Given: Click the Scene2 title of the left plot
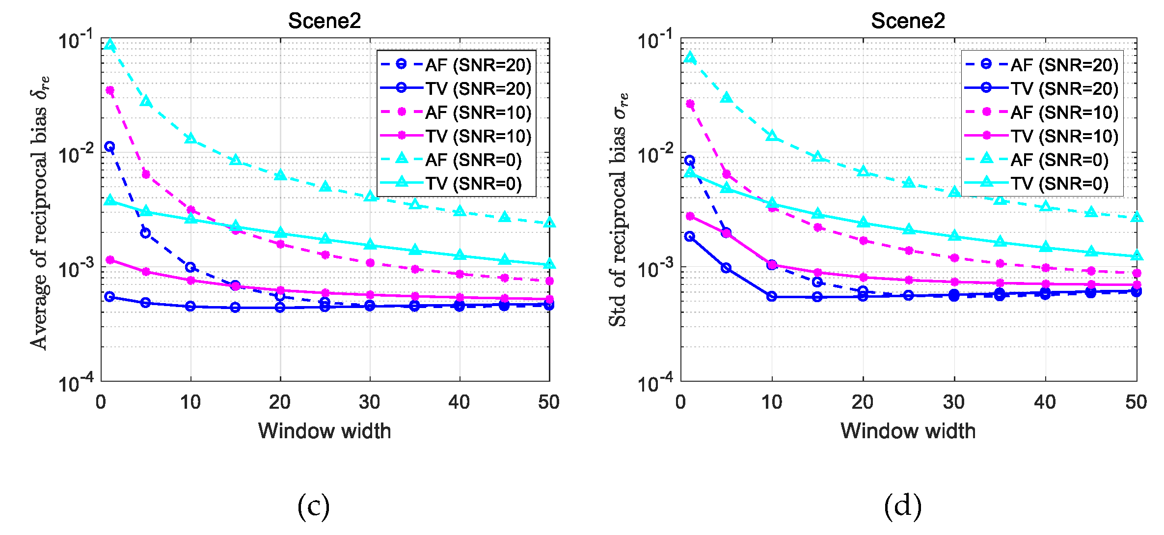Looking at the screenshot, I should pyautogui.click(x=324, y=21).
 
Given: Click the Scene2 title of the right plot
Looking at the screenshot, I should pyautogui.click(x=908, y=21).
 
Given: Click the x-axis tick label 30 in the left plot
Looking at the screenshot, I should pyautogui.click(x=369, y=402).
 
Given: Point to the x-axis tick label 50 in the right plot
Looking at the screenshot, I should pyautogui.click(x=1136, y=402).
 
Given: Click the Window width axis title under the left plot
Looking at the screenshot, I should pyautogui.click(x=325, y=431).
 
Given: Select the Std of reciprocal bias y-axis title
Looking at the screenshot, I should pyautogui.click(x=619, y=209).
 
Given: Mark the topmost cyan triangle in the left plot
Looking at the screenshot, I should pyautogui.click(x=110, y=45).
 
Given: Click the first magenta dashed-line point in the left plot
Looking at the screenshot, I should pyautogui.click(x=110, y=90).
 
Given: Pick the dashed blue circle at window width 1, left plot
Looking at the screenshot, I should pyautogui.click(x=110, y=146).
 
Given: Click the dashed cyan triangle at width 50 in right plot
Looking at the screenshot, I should pyautogui.click(x=1137, y=217).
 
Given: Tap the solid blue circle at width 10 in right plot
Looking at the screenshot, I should pyautogui.click(x=772, y=296).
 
